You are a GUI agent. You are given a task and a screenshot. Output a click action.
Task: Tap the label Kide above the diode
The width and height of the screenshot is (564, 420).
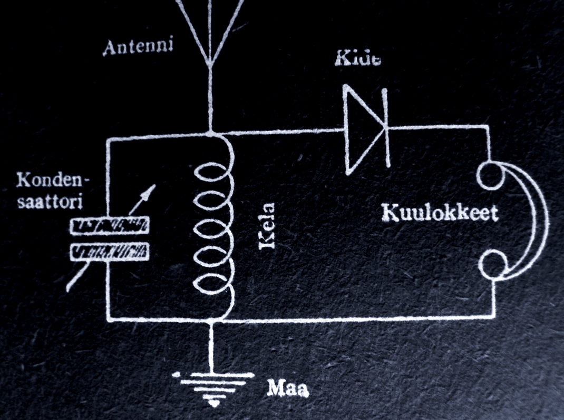(357, 58)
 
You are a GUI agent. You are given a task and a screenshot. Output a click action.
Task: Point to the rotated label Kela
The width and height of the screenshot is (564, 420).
(267, 226)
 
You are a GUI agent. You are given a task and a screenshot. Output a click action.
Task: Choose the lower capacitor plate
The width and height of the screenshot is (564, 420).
(109, 251)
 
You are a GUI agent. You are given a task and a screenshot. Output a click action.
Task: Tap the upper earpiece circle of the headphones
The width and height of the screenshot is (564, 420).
(489, 175)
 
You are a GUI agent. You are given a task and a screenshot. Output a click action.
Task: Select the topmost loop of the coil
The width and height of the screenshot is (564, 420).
(213, 173)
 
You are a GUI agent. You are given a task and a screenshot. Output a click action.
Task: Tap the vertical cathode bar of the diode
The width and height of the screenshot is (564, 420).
(387, 127)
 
